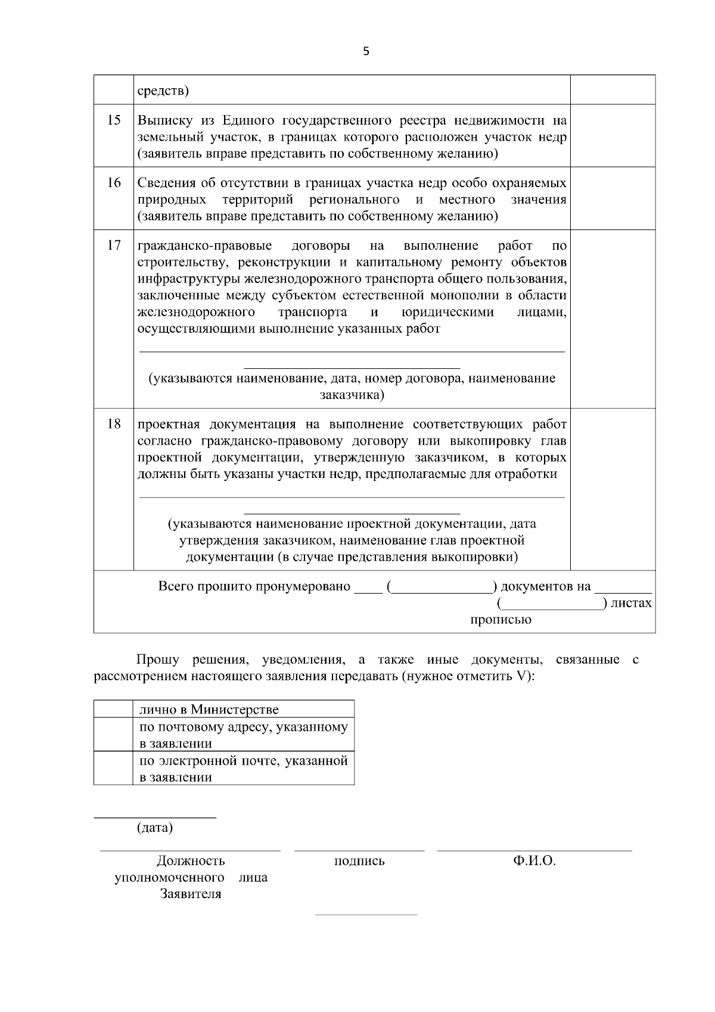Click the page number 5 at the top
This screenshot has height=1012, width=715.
click(x=366, y=52)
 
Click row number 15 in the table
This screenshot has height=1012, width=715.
click(x=114, y=120)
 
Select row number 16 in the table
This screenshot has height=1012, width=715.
click(x=114, y=182)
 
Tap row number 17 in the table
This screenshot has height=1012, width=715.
click(x=114, y=245)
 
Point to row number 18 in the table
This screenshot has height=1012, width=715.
click(x=114, y=424)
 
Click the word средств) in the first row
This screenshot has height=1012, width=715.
click(x=163, y=91)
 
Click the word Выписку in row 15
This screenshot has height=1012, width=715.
click(x=163, y=120)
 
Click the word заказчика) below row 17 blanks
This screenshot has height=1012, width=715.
click(x=352, y=395)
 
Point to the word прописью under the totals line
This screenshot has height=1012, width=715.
click(x=500, y=620)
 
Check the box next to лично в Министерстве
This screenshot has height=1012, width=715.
click(x=113, y=709)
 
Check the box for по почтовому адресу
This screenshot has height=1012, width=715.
click(x=113, y=734)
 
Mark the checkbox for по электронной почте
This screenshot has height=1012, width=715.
click(x=113, y=768)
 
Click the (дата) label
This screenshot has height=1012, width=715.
click(x=155, y=828)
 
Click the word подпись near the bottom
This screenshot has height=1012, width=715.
click(x=359, y=861)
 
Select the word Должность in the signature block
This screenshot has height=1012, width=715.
click(x=191, y=861)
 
